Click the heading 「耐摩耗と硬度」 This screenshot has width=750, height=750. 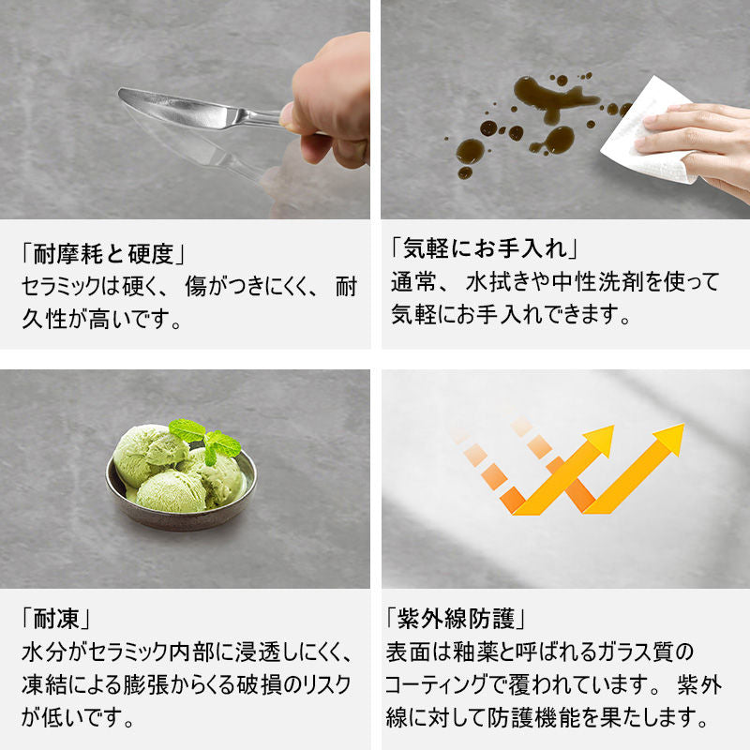pyautogui.click(x=103, y=253)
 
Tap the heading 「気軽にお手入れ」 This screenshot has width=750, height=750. pyautogui.click(x=485, y=248)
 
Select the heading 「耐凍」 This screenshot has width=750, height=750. pyautogui.click(x=56, y=620)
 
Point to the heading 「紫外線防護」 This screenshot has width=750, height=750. pyautogui.click(x=456, y=619)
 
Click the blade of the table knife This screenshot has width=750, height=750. pyautogui.click(x=177, y=108)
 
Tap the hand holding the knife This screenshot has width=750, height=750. pyautogui.click(x=327, y=103)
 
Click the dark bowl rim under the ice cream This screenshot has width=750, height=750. pyautogui.click(x=182, y=516)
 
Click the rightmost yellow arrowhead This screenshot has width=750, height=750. pyautogui.click(x=670, y=439)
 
